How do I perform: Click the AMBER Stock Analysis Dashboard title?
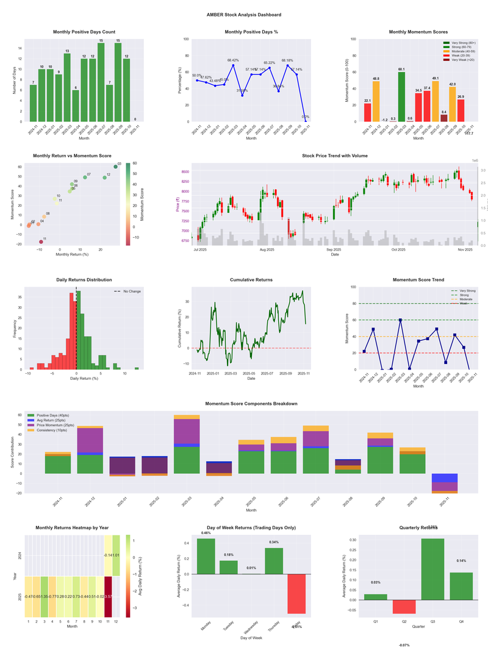(243, 14)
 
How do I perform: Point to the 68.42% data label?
(233, 60)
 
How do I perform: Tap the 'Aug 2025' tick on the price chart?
(267, 249)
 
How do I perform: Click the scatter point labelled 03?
(116, 166)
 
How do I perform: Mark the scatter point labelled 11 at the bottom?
(41, 242)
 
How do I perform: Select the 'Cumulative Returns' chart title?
(251, 280)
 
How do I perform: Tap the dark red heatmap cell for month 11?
(108, 596)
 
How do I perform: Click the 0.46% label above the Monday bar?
(206, 533)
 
